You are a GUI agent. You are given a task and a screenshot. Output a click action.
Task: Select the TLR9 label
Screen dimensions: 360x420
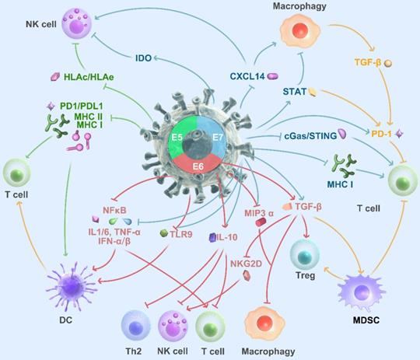(x=181, y=232)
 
